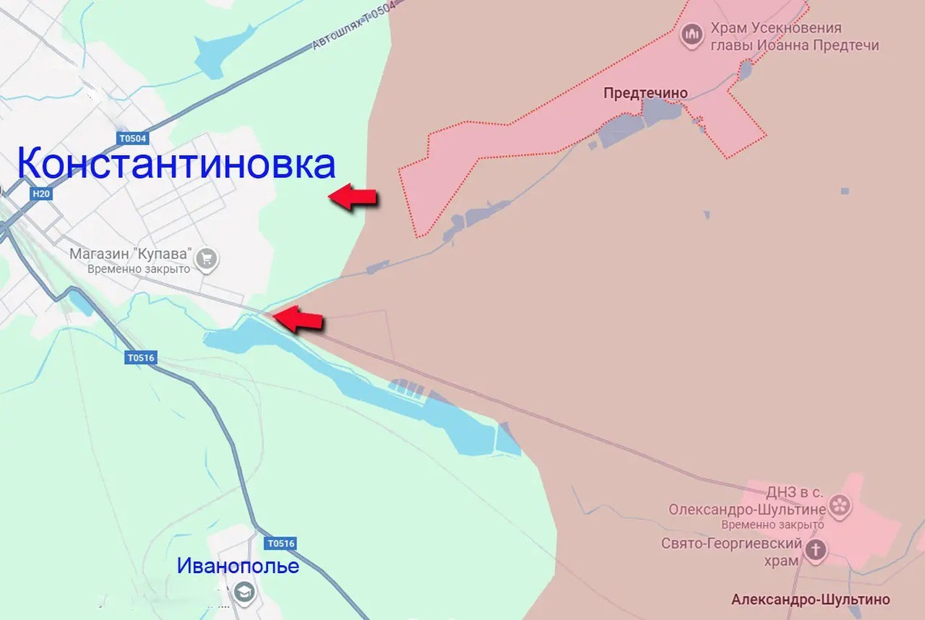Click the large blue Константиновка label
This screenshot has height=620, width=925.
176,164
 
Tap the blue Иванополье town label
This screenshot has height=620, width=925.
237,566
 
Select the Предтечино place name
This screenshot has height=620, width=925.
645,93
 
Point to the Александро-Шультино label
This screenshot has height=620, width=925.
810,599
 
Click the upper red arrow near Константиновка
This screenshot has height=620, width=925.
353,197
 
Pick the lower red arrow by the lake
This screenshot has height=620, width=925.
298,318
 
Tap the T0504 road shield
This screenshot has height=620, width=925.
132,139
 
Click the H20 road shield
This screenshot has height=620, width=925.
42,194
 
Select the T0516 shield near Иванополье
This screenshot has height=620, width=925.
281,544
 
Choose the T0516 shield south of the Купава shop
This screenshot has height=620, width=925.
141,358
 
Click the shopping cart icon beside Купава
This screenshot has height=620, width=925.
206,260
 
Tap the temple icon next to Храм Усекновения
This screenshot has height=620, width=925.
691,35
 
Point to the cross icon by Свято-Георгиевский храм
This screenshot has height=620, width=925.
816,549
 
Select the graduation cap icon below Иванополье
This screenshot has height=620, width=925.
245,592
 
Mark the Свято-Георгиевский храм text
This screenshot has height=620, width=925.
731,551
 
